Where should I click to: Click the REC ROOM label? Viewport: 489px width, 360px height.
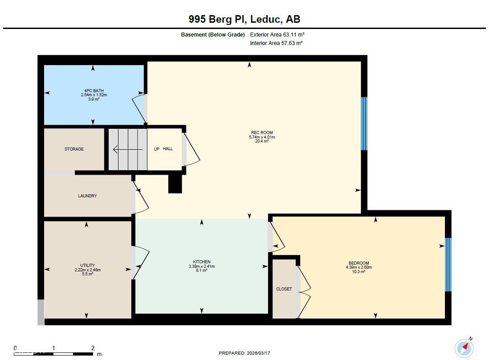point(262,133)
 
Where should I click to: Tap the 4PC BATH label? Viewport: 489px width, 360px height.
point(94,91)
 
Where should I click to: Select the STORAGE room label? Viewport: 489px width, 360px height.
point(74,149)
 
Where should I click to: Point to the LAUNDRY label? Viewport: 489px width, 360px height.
point(87,196)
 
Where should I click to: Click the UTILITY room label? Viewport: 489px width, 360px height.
point(88,266)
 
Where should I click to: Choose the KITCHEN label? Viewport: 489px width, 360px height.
point(202,262)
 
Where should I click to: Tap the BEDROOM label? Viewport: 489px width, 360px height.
point(359,263)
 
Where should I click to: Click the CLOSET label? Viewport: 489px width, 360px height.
point(284,289)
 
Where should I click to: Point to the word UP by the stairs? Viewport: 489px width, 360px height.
point(157,149)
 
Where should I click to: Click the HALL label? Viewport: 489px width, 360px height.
point(168,149)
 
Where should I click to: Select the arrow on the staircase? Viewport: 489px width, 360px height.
point(128,150)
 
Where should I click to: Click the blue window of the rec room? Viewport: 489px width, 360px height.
point(364,123)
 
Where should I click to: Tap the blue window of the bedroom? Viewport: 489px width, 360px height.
point(448,265)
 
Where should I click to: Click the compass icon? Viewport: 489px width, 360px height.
point(465,348)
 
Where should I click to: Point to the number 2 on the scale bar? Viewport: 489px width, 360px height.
point(93,348)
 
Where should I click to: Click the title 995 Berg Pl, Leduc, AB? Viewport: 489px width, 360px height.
point(244,19)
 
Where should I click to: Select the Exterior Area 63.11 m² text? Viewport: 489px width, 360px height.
point(277,35)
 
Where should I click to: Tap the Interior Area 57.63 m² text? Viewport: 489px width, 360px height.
point(276,43)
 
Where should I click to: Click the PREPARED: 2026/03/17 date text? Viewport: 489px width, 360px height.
point(244,353)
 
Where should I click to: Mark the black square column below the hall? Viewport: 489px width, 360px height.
point(175,184)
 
